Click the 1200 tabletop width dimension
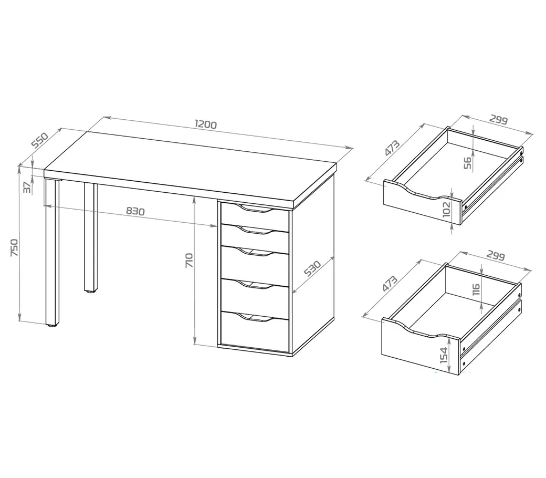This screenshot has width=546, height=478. [x=206, y=124]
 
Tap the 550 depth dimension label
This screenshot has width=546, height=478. [x=40, y=140]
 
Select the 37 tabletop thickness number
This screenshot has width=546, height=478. [x=27, y=188]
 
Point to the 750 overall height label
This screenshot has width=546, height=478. [x=14, y=247]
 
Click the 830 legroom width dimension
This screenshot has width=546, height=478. [x=135, y=211]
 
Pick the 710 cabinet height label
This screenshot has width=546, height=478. [x=189, y=260]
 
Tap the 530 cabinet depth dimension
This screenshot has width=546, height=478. [x=312, y=268]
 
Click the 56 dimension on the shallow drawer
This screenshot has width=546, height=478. [x=468, y=163]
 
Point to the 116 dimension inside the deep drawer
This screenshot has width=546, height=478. [x=476, y=289]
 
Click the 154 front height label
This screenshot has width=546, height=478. [x=444, y=355]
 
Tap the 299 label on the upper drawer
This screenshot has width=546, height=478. [x=498, y=120]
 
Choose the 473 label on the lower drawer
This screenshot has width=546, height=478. [x=390, y=283]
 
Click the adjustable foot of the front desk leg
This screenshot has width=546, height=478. [x=52, y=325]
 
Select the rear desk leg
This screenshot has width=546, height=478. [x=91, y=237]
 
